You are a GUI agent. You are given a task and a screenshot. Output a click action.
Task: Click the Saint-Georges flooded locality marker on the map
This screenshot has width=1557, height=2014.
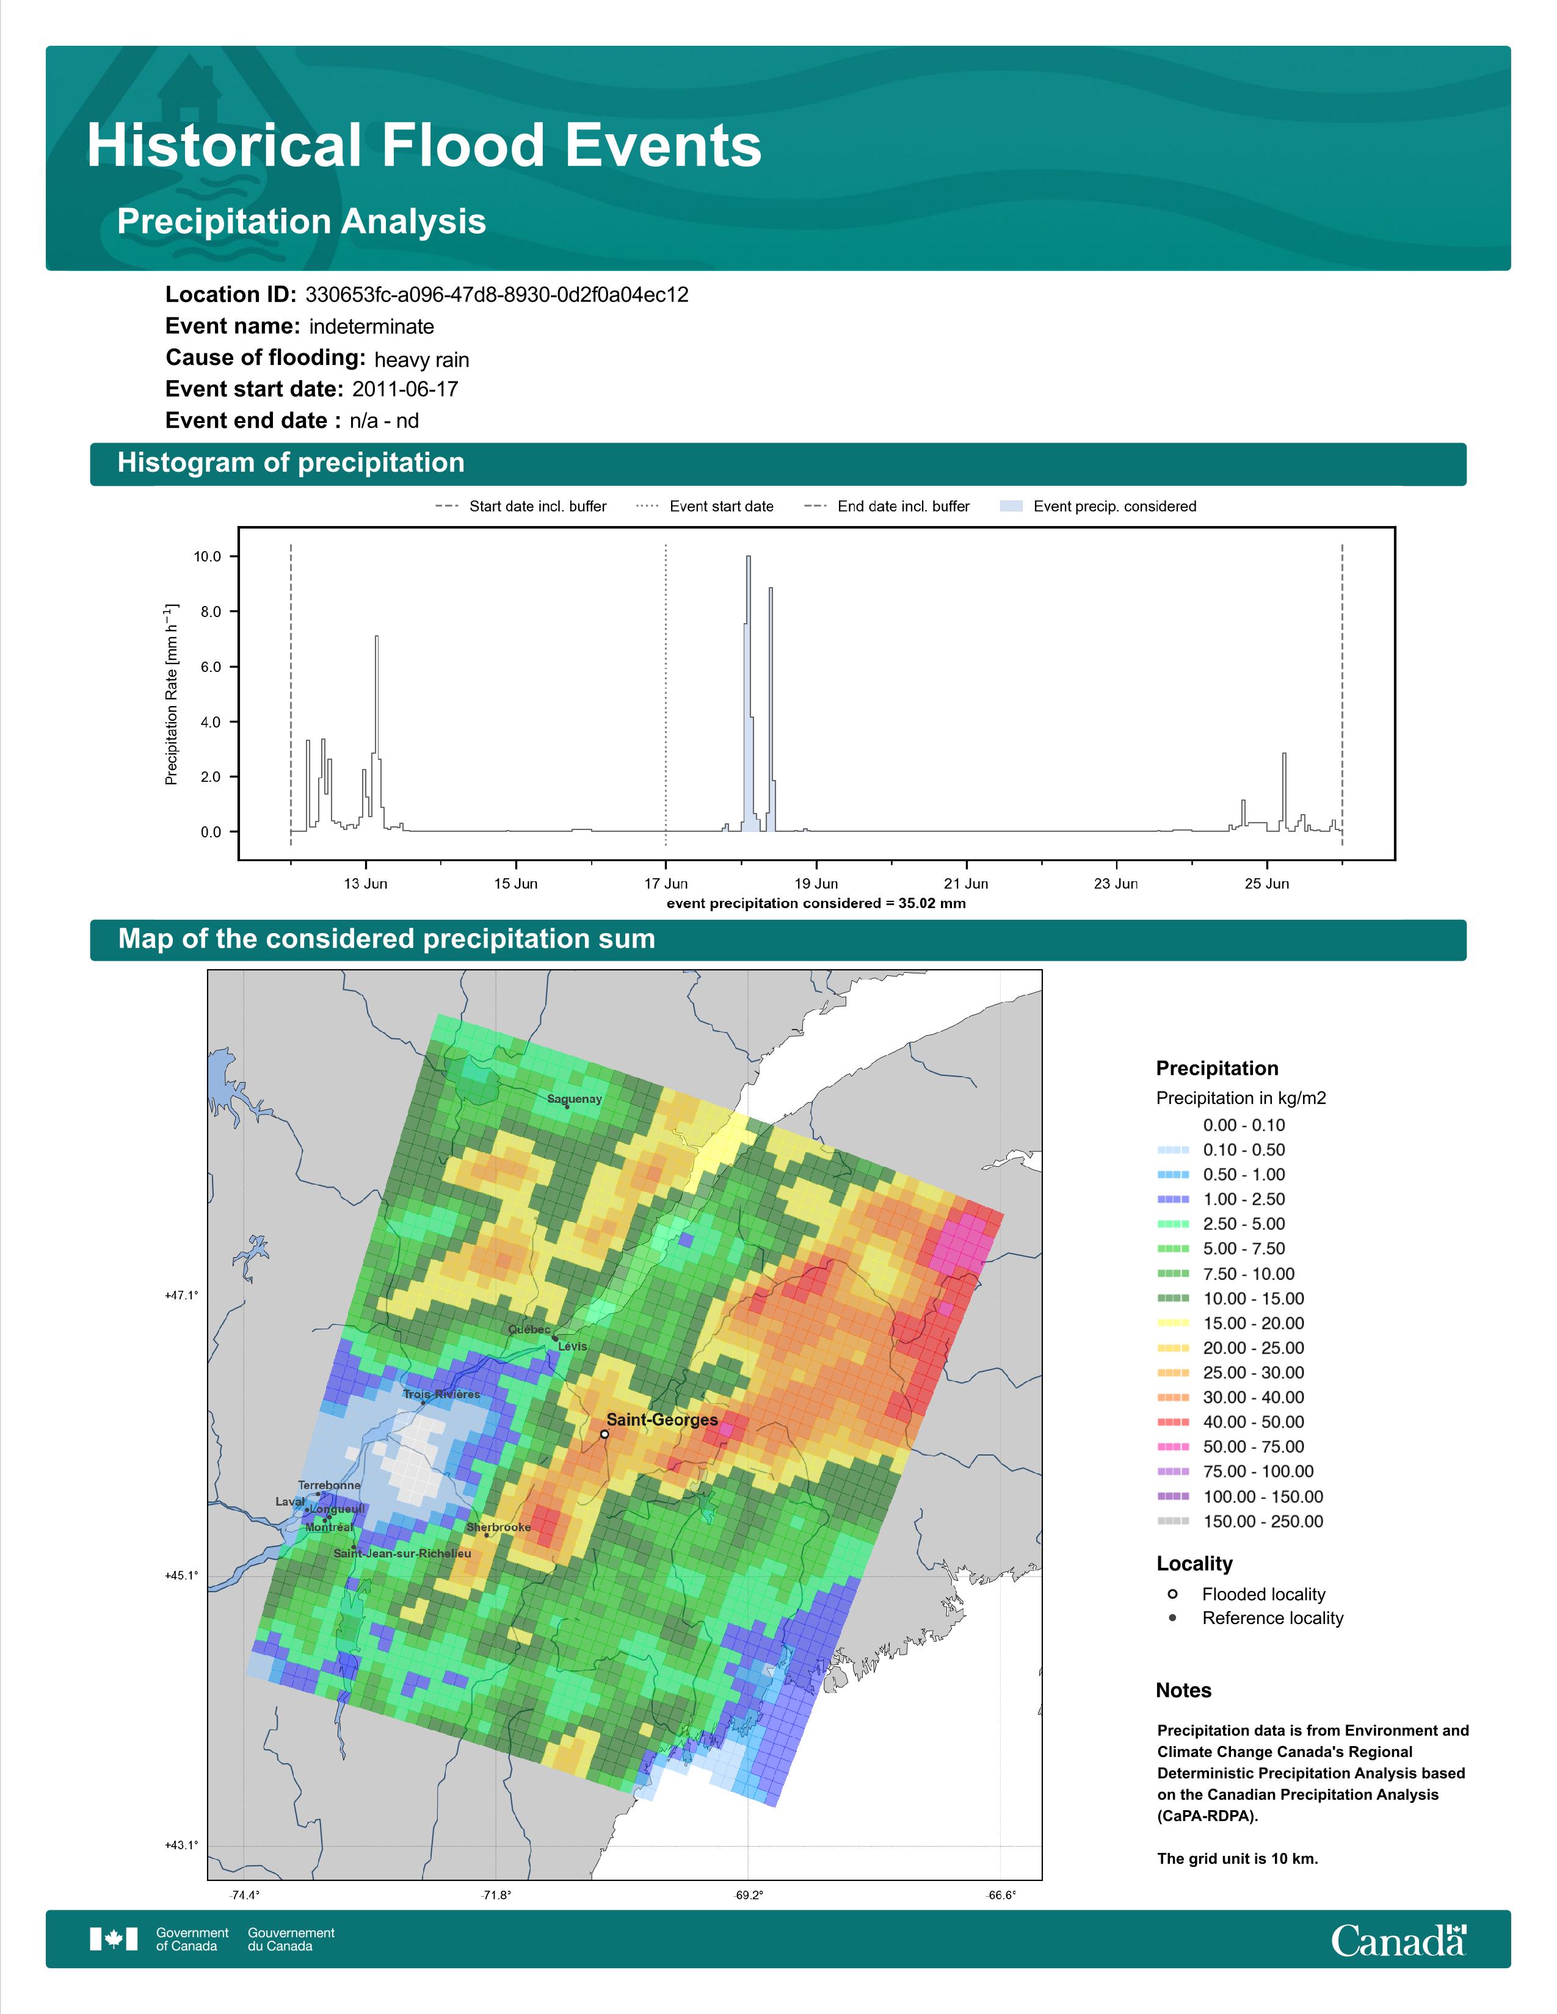tap(604, 1434)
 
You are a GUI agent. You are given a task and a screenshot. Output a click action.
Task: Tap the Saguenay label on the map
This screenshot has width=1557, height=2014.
tap(575, 1099)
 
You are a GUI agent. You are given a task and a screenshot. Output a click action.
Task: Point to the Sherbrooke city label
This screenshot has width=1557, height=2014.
tap(498, 1527)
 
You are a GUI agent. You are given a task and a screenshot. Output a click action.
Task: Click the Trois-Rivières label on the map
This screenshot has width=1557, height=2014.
tap(442, 1395)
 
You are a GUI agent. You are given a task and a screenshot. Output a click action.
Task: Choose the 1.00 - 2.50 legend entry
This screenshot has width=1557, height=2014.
tap(1221, 1199)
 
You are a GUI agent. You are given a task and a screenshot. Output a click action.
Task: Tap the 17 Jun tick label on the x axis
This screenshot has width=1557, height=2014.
tap(666, 884)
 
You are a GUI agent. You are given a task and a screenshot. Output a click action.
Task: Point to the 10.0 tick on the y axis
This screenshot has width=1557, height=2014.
tap(208, 556)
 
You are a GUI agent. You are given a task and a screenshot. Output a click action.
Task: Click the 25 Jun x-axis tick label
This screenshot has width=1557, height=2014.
tap(1266, 884)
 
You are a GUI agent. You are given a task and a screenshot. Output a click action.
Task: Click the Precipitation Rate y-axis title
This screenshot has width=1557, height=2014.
tap(172, 695)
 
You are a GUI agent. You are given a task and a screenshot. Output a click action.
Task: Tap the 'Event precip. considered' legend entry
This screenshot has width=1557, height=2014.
tap(1098, 507)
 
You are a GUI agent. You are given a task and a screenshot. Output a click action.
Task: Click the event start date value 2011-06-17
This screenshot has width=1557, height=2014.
tap(405, 389)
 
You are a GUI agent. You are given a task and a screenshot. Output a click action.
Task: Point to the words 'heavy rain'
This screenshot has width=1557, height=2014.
tap(421, 359)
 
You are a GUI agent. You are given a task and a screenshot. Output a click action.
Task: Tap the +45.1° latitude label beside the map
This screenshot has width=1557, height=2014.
tap(182, 1575)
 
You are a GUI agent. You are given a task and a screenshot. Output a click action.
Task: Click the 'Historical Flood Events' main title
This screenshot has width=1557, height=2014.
tap(424, 146)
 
